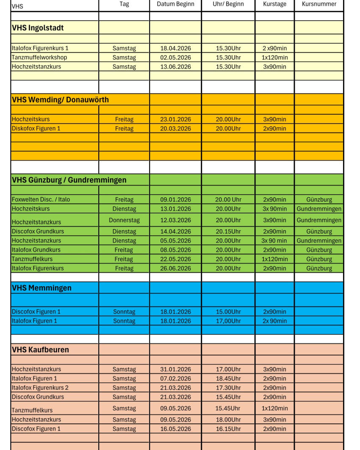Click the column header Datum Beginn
(175, 4)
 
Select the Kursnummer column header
(319, 4)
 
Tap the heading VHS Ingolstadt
(38, 28)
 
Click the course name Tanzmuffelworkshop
(39, 57)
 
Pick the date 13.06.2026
(175, 66)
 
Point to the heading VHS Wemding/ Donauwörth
(60, 100)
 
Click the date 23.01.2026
(175, 119)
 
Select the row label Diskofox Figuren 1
(36, 128)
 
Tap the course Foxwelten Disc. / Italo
(41, 199)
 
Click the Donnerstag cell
(124, 220)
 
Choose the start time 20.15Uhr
(228, 232)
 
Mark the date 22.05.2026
(175, 259)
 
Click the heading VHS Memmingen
(42, 288)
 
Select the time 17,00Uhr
(228, 321)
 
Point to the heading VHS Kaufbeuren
(40, 350)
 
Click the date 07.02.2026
(175, 378)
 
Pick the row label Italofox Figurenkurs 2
(40, 387)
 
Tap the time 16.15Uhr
(228, 429)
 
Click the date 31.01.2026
(175, 369)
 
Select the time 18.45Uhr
(228, 378)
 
